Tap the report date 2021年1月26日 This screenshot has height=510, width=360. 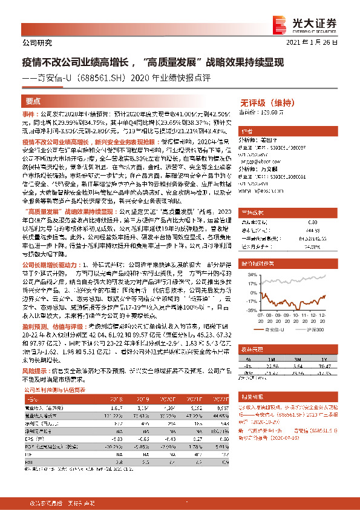pyautogui.click(x=319, y=42)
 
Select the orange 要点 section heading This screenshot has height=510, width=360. pyautogui.click(x=33, y=101)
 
